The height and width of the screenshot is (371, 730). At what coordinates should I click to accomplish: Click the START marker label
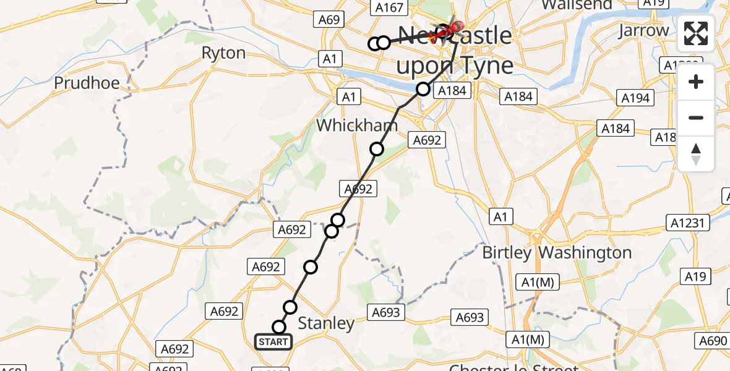pos(273,341)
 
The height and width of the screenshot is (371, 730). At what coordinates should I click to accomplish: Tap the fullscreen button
pos(696,33)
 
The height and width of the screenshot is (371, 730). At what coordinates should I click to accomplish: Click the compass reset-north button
pos(696,154)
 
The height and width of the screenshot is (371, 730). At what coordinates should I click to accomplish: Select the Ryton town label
pos(224,53)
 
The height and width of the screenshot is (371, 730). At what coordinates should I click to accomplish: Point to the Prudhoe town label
pos(87,83)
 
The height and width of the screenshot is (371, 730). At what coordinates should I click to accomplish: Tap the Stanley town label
pos(327,323)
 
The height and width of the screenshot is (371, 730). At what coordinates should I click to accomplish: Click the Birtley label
pos(507,252)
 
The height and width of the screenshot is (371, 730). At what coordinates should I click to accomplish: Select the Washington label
pos(585,252)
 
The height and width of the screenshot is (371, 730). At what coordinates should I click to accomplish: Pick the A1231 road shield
pos(687,223)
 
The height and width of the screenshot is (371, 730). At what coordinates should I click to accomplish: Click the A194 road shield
pos(635,98)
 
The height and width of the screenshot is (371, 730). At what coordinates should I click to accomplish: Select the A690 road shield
pos(714,341)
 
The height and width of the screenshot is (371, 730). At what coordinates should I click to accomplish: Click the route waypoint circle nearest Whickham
pos(377,149)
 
